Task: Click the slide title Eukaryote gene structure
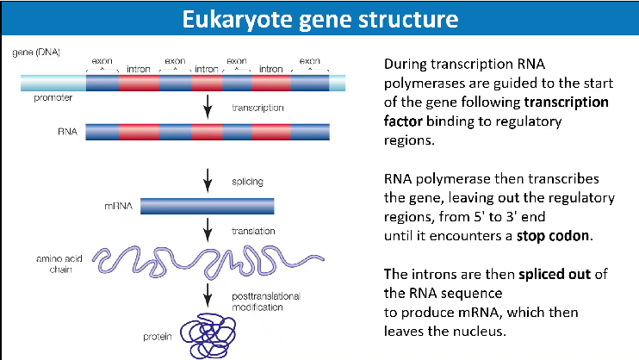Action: click(x=319, y=17)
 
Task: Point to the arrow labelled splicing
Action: click(x=208, y=182)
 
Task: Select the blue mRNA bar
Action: click(x=207, y=206)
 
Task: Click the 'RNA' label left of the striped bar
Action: click(x=68, y=133)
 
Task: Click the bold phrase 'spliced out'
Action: click(x=550, y=274)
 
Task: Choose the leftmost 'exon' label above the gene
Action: click(x=102, y=61)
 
